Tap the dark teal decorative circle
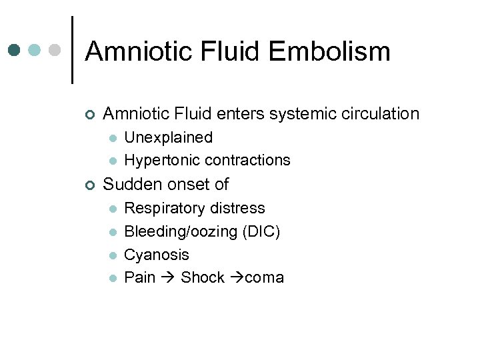(15, 50)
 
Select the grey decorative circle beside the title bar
(55, 50)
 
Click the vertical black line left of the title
(71, 50)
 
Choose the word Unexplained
(169, 138)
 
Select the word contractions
(248, 160)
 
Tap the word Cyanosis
(157, 255)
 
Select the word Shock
(203, 277)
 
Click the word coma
(265, 277)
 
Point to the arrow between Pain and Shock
(167, 277)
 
